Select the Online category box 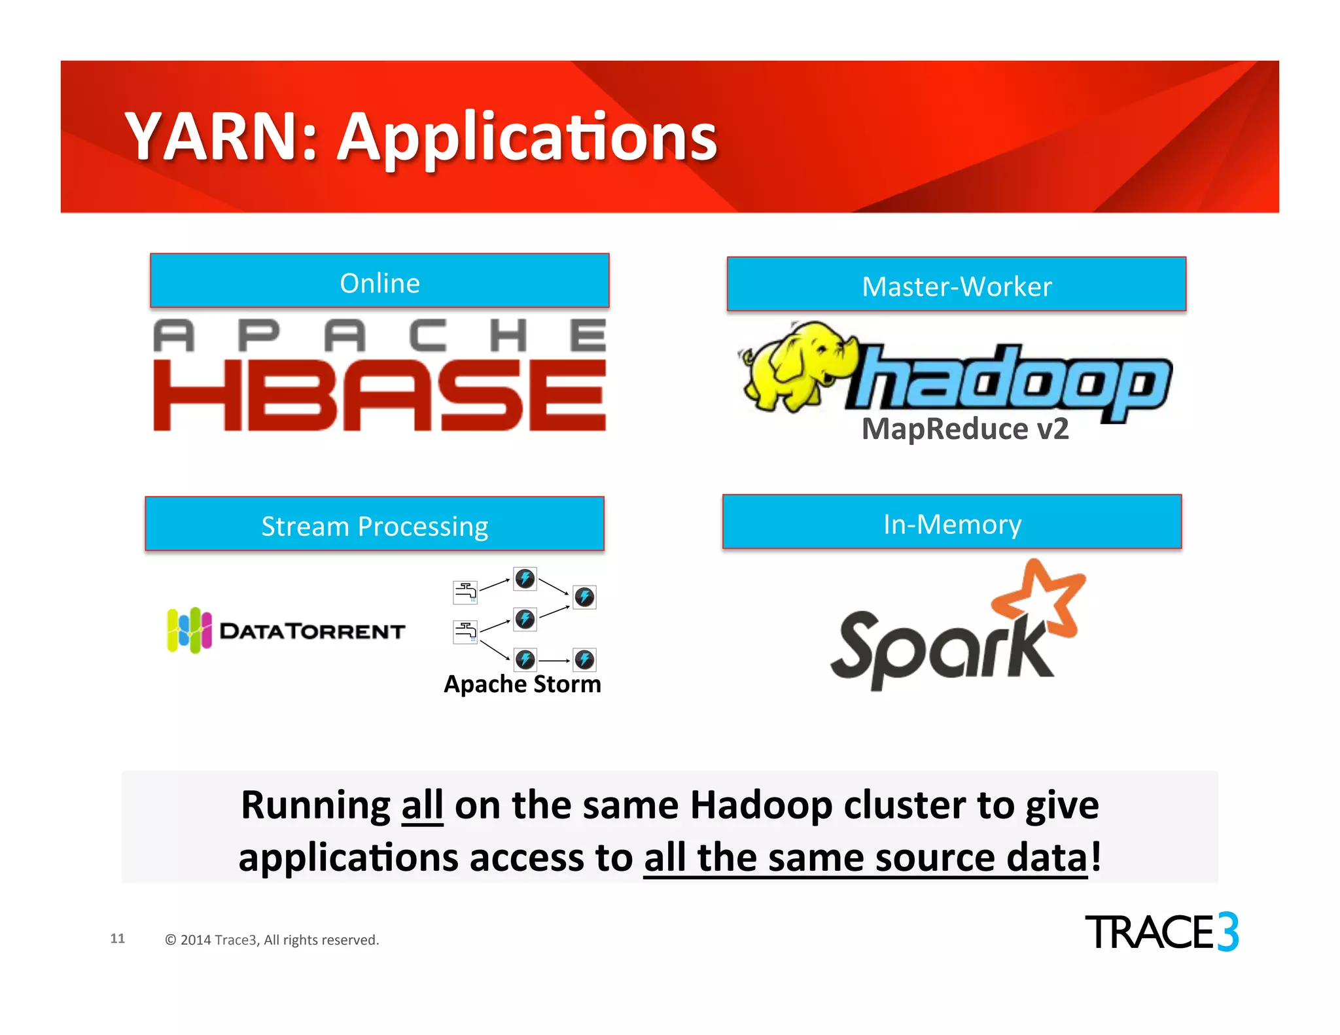point(379,281)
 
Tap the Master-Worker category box point(956,285)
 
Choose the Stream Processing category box point(374,524)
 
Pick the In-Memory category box point(952,522)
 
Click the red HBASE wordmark point(379,396)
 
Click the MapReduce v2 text point(965,429)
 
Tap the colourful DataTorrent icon point(189,630)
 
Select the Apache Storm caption point(522,684)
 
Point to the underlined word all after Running point(422,805)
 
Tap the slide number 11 point(118,938)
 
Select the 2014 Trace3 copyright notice point(272,940)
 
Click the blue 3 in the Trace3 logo point(1227,932)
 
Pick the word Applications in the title point(527,137)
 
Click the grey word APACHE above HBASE point(379,336)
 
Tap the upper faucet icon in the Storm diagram point(465,591)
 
